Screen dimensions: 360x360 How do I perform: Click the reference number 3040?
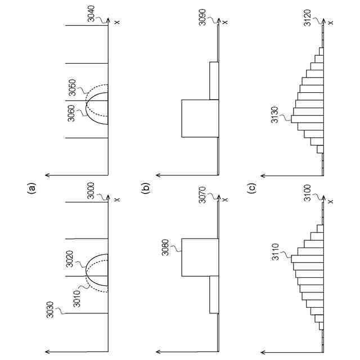coord(92,13)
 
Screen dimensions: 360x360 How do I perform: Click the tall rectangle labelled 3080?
coord(199,257)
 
